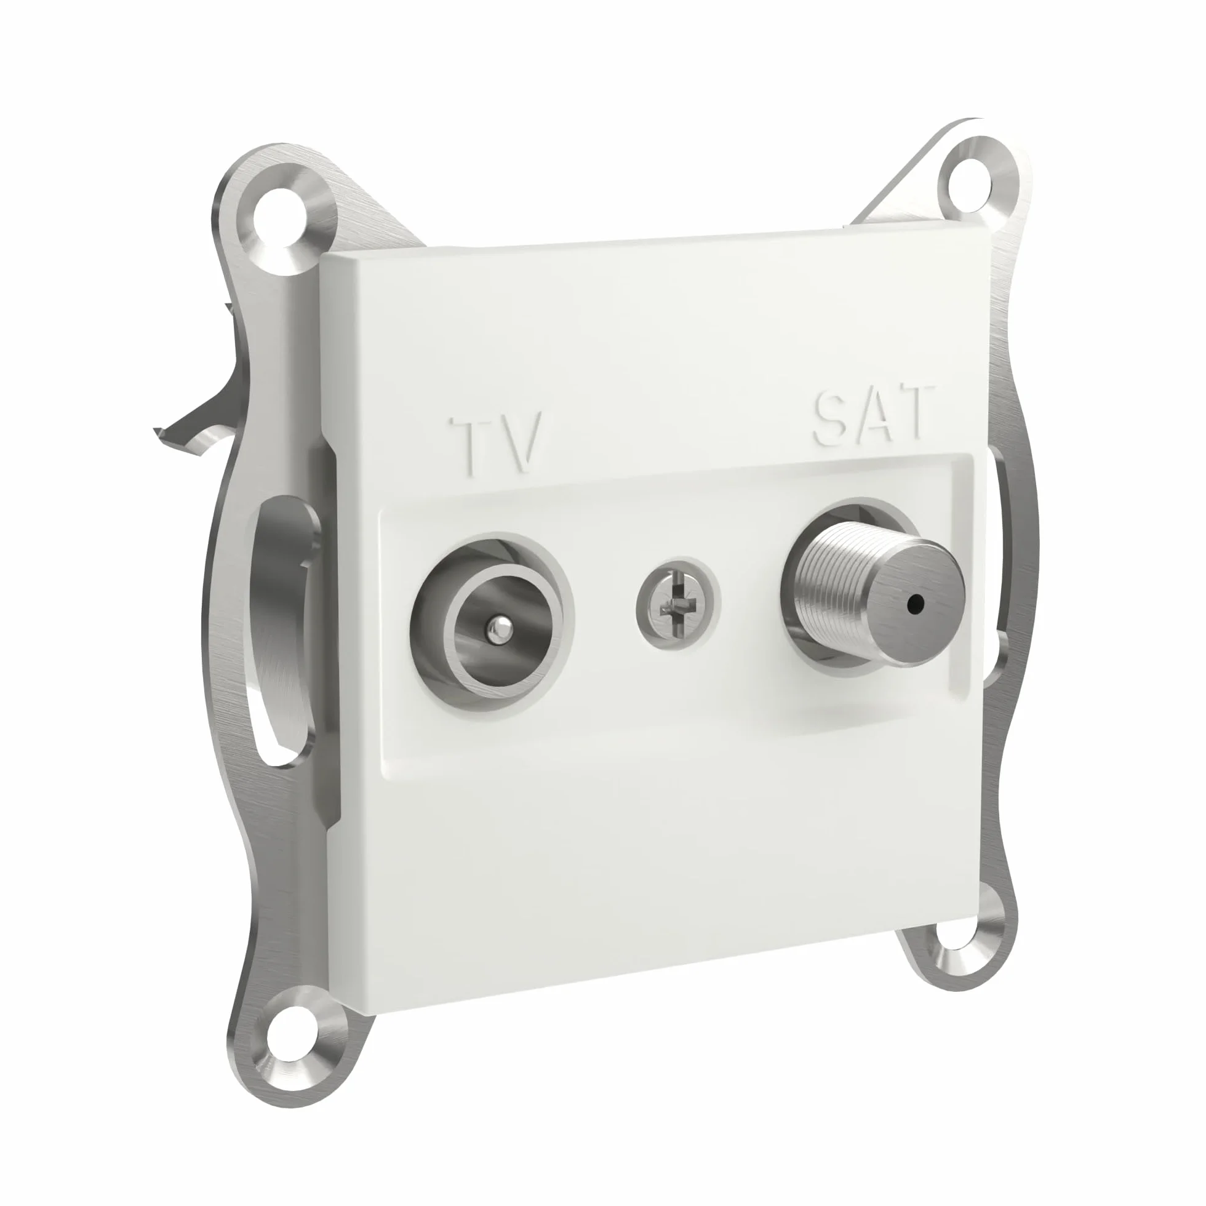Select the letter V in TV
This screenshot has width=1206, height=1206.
tap(521, 441)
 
